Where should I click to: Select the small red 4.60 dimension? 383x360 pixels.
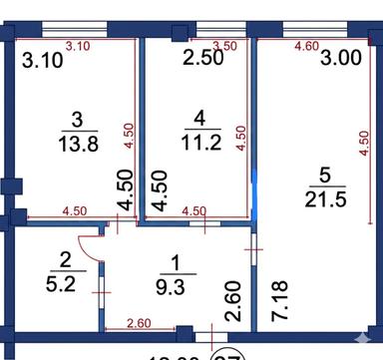point(306,46)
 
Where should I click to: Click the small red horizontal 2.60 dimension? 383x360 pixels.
point(137,321)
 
